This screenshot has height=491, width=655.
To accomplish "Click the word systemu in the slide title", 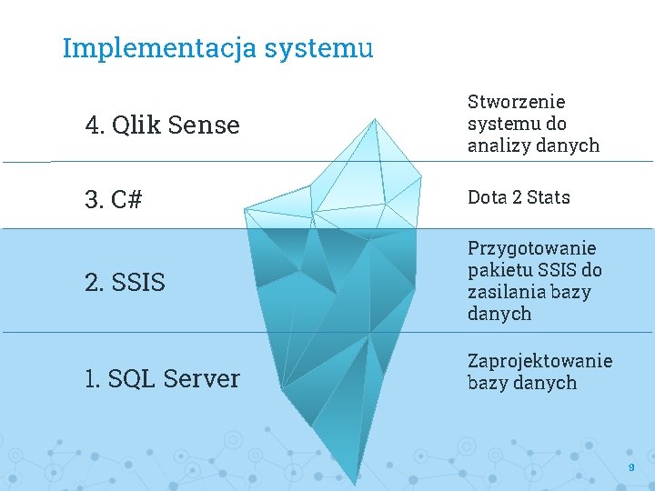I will [318, 48].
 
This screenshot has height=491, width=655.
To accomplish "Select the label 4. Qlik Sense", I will [162, 125].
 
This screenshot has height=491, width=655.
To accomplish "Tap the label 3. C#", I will [114, 200].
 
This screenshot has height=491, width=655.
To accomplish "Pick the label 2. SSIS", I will [125, 283].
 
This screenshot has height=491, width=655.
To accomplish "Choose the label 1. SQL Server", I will [162, 378].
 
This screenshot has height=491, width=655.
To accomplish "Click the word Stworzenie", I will [516, 102].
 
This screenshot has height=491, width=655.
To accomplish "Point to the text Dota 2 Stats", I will [519, 197].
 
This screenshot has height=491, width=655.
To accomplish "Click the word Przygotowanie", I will [531, 248].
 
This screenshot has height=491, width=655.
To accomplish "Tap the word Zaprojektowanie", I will [539, 361].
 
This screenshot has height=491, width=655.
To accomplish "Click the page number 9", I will [630, 467].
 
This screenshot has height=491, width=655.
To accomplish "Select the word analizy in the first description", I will [497, 145].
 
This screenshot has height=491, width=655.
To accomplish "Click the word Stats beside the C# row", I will [548, 197].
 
